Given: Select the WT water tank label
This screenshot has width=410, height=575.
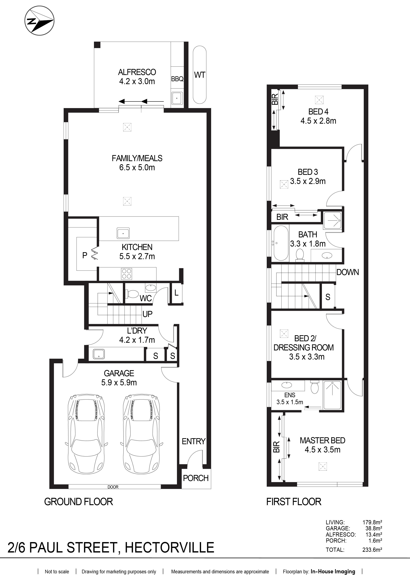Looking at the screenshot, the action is pyautogui.click(x=199, y=75).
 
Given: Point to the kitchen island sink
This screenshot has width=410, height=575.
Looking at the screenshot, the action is pyautogui.click(x=123, y=233).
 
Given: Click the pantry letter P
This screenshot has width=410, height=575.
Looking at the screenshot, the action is pyautogui.click(x=85, y=255).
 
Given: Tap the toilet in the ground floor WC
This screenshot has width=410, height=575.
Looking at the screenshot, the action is pyautogui.click(x=132, y=294).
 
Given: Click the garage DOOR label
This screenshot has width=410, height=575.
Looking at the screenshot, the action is pyautogui.click(x=113, y=487).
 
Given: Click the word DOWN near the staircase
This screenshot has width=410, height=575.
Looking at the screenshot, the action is pyautogui.click(x=348, y=272).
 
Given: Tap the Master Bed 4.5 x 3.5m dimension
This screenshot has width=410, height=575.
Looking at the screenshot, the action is pyautogui.click(x=322, y=450).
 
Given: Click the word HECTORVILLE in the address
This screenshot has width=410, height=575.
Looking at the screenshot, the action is pyautogui.click(x=169, y=547).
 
